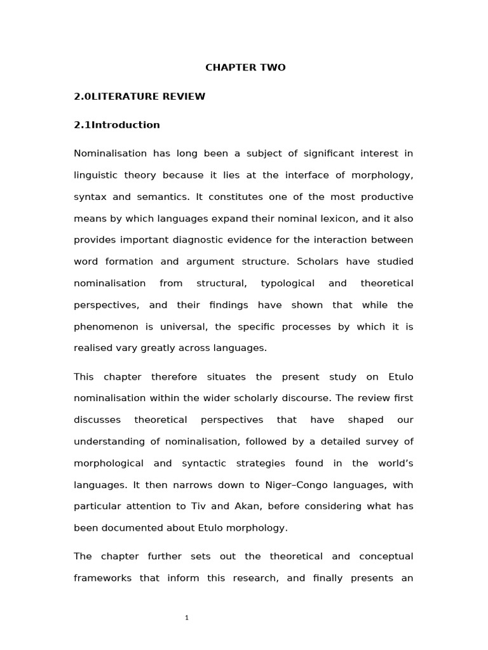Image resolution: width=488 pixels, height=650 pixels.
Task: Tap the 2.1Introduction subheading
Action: click(117, 125)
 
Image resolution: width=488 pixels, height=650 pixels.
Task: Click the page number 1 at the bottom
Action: click(187, 618)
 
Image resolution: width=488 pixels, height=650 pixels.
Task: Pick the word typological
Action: click(288, 283)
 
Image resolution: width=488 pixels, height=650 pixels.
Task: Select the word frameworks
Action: click(102, 579)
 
